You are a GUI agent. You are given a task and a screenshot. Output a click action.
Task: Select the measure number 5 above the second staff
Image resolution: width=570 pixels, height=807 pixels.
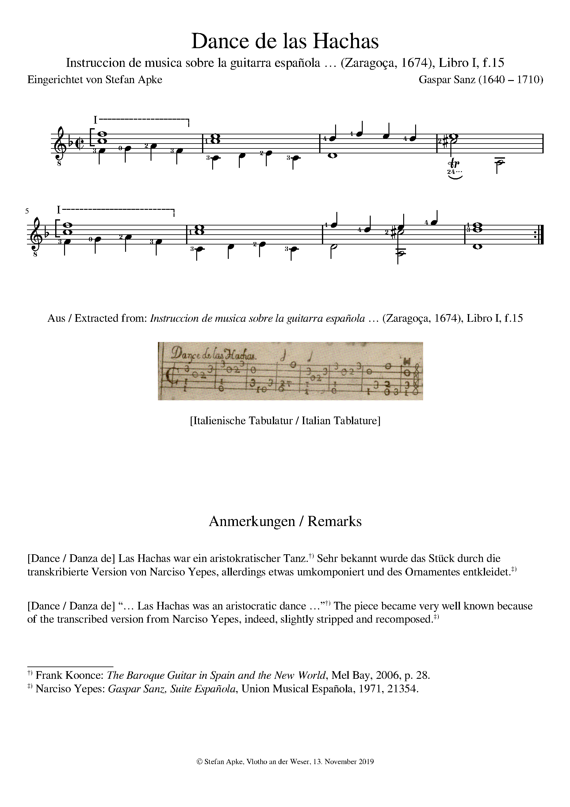(x=27, y=211)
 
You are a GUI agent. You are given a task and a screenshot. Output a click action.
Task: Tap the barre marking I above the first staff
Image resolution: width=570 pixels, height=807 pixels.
(x=95, y=121)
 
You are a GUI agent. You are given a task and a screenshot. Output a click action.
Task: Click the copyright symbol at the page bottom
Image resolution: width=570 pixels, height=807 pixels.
(x=199, y=772)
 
